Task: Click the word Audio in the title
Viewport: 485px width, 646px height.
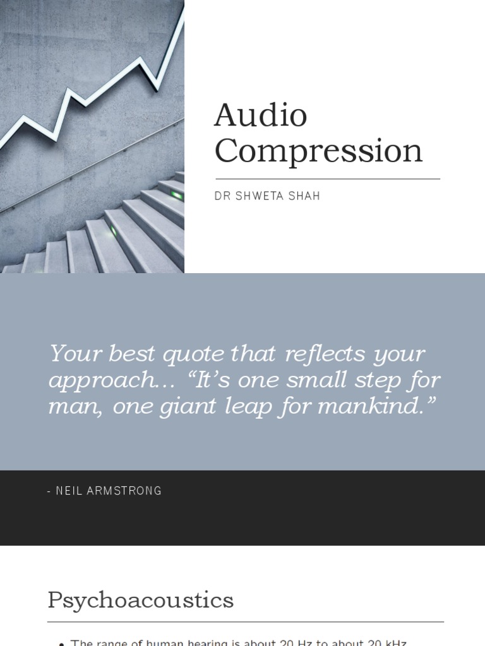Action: coord(260,116)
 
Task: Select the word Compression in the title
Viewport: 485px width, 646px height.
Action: coord(318,151)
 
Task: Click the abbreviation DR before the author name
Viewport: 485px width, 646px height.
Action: coord(222,196)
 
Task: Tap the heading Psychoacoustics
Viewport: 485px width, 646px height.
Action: coord(140,600)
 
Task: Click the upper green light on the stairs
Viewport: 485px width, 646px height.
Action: coord(176,195)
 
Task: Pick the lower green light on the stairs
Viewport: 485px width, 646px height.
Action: coord(114,231)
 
